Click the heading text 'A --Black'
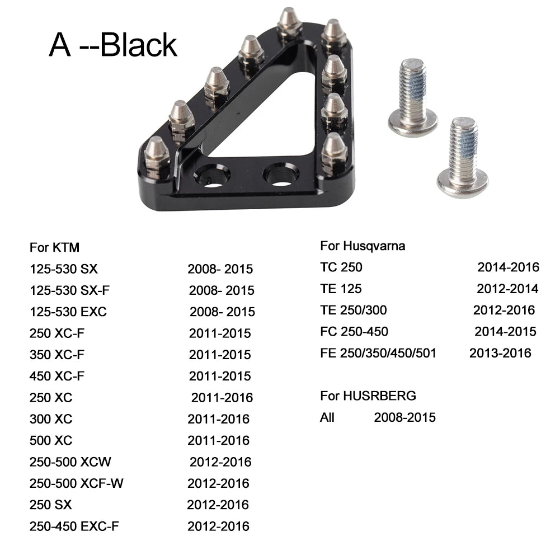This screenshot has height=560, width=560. pos(113,45)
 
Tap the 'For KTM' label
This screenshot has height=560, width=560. pos(55,247)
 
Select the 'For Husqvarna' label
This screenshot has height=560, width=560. pos(363,246)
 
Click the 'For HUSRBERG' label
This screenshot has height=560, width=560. pos(368,396)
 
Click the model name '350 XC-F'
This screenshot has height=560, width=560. pos(57,355)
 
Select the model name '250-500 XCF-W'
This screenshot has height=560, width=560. pos(76,483)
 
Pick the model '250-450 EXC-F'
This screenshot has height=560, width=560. pos(74,526)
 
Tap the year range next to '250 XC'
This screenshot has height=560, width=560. pos(222,398)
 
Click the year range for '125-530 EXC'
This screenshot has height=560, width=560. pos(222,312)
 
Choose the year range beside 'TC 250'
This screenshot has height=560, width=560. pos(508,267)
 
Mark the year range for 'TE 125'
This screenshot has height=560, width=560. pos(507,289)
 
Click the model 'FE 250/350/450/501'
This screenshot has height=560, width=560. pos(378,353)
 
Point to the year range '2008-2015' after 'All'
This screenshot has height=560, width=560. pos(404,417)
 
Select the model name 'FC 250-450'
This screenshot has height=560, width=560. pos(354,332)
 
